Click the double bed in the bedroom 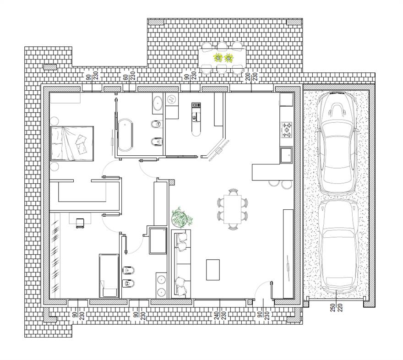pos(72,144)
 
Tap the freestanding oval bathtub pos(125,135)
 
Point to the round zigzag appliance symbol pos(171,98)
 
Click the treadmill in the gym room pos(196,119)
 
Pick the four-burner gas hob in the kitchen pos(287,130)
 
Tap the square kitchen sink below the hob pos(286,155)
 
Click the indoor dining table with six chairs pos(233,209)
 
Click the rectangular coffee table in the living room pos(213,270)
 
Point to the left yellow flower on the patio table pos(218,58)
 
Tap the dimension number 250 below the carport pos(333,307)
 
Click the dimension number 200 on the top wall pos(248,76)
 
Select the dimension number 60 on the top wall pos(126,77)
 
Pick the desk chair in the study pos(80,223)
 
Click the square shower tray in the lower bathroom pos(158,240)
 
